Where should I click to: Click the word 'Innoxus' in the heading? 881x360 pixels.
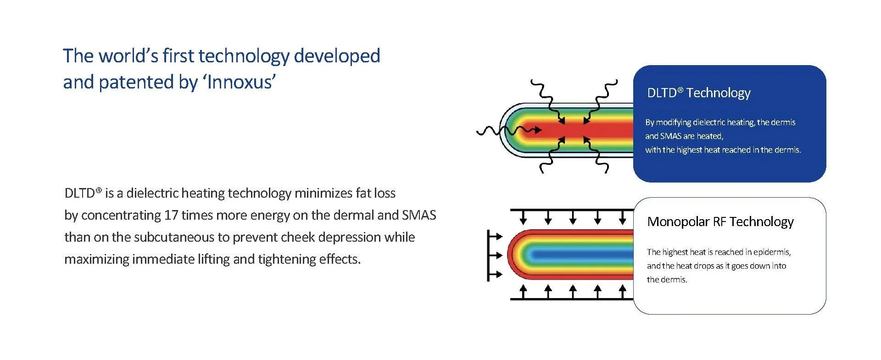click(241, 82)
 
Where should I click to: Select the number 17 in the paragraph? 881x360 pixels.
click(171, 215)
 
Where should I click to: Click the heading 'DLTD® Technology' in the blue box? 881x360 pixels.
click(698, 93)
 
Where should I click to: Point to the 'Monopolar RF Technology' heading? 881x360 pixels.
click(720, 222)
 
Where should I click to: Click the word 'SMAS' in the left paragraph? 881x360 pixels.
click(419, 215)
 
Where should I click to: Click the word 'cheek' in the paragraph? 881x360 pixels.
click(299, 237)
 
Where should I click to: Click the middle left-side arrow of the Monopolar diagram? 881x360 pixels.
click(495, 255)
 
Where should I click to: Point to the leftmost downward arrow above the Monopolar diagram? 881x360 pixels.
click(524, 217)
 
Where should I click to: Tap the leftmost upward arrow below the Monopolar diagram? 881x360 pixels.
click(524, 292)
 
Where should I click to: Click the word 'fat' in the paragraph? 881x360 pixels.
click(362, 193)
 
